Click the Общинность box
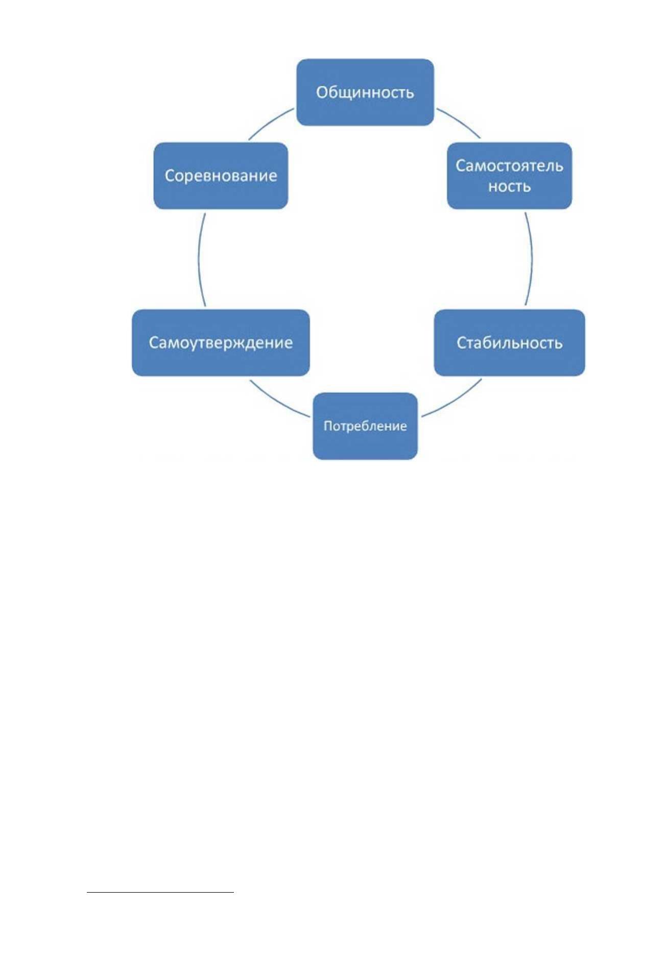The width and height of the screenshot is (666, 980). [365, 92]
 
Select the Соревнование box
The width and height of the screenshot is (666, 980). [221, 175]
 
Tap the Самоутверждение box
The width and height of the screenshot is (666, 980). [221, 342]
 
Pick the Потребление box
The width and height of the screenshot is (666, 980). [365, 426]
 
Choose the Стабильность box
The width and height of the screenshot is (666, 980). [509, 342]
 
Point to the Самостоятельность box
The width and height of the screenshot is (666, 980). [509, 175]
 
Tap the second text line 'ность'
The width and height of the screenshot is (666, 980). [509, 186]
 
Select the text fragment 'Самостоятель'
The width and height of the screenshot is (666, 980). [509, 166]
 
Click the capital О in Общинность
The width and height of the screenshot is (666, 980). [322, 92]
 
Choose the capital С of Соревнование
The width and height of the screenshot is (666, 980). [170, 176]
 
